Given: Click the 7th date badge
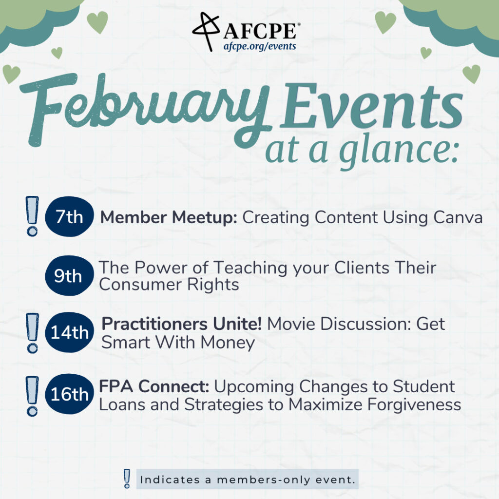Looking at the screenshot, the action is pyautogui.click(x=69, y=216).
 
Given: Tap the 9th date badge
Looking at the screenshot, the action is pyautogui.click(x=69, y=276).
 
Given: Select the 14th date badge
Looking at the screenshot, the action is pyautogui.click(x=69, y=332).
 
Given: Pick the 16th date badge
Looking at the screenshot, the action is pyautogui.click(x=69, y=394).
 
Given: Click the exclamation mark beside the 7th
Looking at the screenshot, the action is pyautogui.click(x=32, y=216).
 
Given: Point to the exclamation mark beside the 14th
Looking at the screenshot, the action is pyautogui.click(x=32, y=333).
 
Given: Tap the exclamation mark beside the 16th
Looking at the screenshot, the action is pyautogui.click(x=32, y=396).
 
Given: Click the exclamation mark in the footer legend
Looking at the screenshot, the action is pyautogui.click(x=127, y=479).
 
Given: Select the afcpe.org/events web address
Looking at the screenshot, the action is pyautogui.click(x=260, y=46).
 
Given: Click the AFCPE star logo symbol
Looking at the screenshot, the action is pyautogui.click(x=207, y=31).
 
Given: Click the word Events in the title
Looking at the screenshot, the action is pyautogui.click(x=371, y=106).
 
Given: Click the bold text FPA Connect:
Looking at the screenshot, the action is pyautogui.click(x=154, y=386).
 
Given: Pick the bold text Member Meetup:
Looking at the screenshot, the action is pyautogui.click(x=169, y=218).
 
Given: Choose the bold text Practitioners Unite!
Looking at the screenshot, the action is pyautogui.click(x=182, y=324).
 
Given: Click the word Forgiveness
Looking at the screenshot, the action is pyautogui.click(x=414, y=405).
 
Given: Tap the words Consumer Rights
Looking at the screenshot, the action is pyautogui.click(x=169, y=285).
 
